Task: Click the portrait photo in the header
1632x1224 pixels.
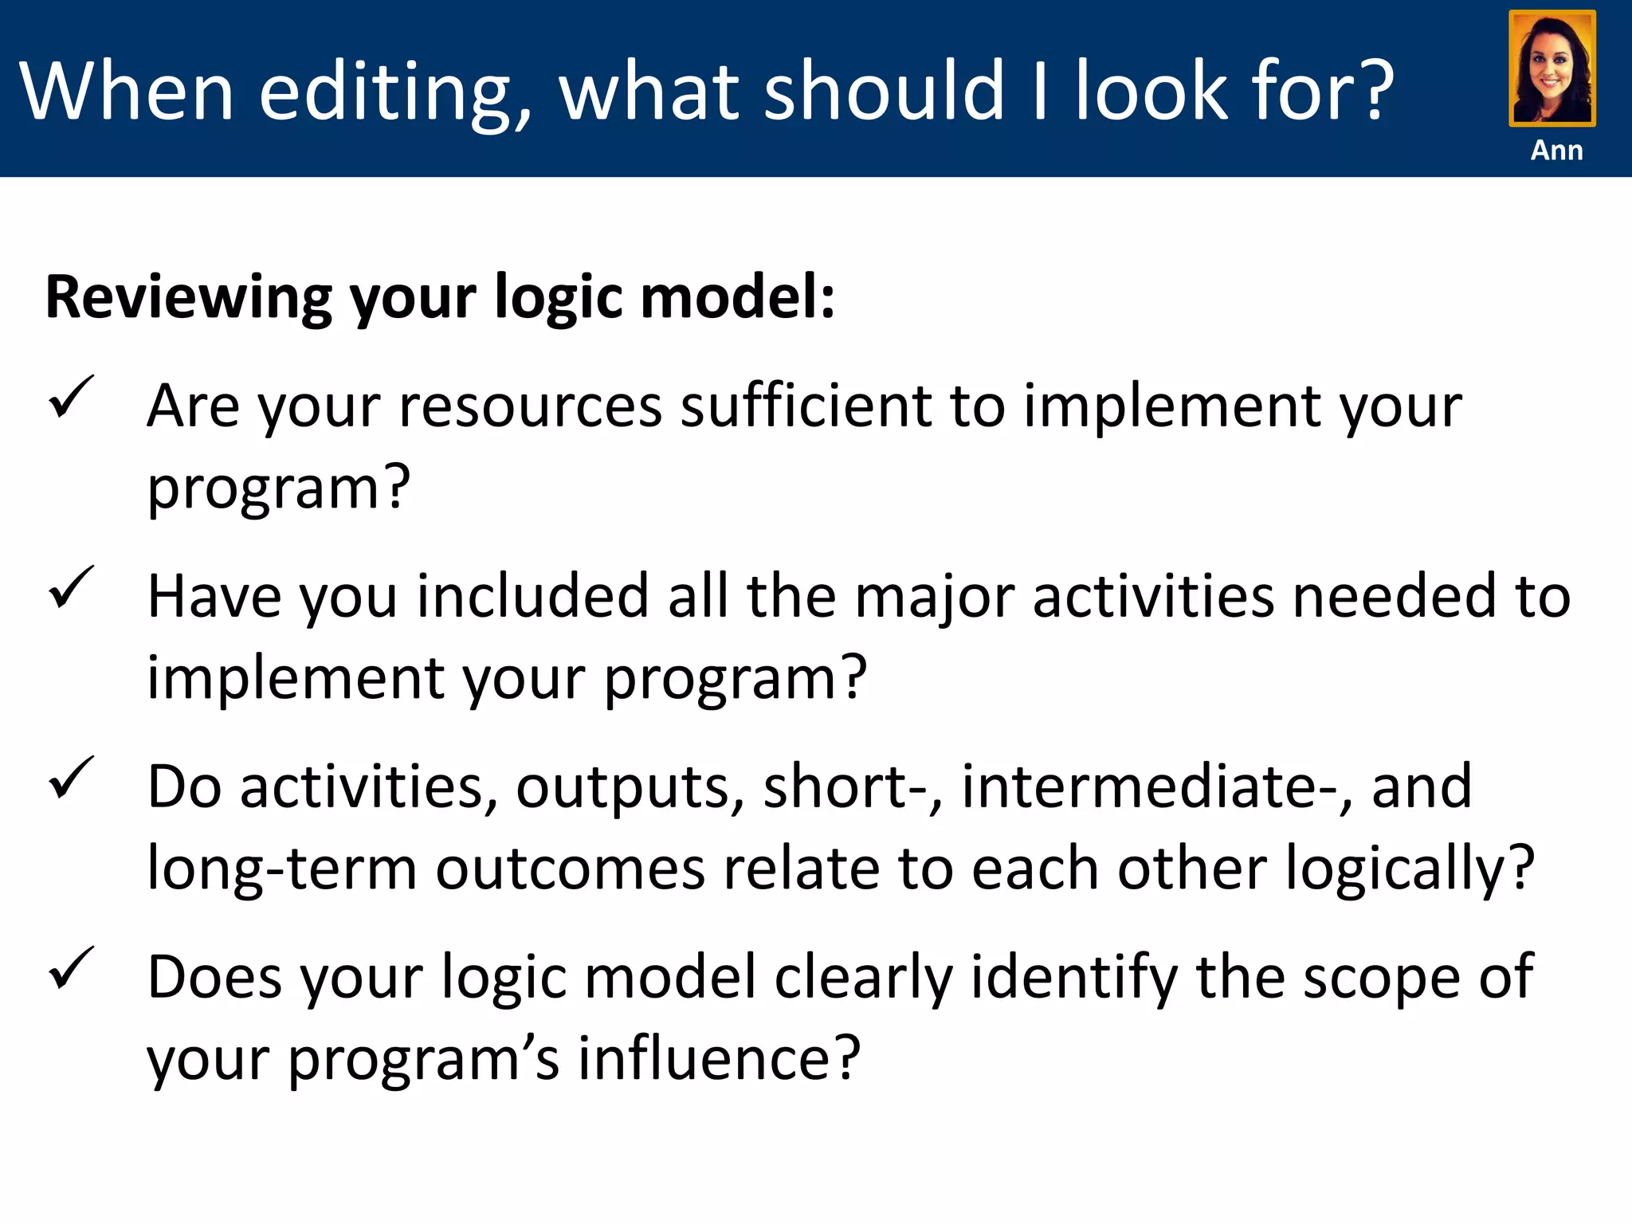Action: tap(1552, 69)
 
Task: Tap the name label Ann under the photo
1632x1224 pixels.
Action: tap(1556, 150)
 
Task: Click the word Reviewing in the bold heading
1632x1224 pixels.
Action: tap(188, 297)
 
